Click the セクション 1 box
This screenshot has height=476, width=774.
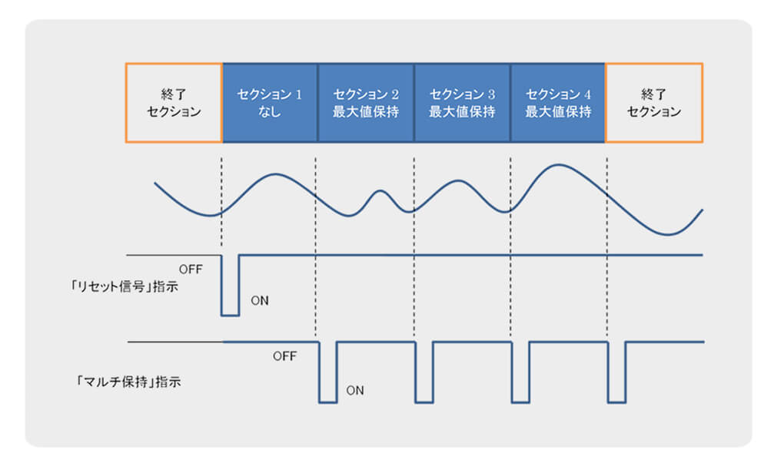(270, 103)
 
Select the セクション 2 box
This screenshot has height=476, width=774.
(366, 103)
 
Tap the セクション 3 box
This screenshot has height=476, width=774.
(462, 103)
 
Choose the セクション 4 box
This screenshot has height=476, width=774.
(558, 103)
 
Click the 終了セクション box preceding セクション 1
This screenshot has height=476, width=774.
(174, 103)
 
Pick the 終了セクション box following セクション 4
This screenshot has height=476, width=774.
(654, 103)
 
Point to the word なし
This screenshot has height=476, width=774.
(270, 112)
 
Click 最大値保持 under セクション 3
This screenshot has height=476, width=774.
(462, 112)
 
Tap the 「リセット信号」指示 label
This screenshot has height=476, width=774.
(124, 286)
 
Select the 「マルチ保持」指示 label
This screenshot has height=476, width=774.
(128, 382)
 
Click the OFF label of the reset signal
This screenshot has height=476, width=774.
(191, 269)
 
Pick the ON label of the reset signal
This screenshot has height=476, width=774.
(260, 300)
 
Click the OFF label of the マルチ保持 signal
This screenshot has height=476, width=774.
(285, 356)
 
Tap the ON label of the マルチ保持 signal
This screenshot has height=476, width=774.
(355, 391)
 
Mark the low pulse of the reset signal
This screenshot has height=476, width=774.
(230, 315)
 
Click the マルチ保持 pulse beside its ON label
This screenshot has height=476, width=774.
(327, 402)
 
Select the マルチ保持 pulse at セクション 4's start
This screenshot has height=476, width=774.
(520, 402)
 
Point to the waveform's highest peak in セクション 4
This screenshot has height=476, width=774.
(558, 165)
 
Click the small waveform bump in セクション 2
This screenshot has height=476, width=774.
(380, 191)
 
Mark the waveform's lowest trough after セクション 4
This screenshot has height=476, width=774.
(668, 234)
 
